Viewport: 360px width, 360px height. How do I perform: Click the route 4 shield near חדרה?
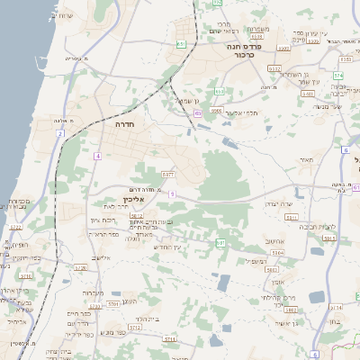96,156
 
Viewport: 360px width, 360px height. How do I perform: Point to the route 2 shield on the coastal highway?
59,133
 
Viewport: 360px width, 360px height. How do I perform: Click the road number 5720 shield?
80,267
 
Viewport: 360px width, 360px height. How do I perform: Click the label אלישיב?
99,258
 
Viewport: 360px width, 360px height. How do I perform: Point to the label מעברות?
94,292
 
